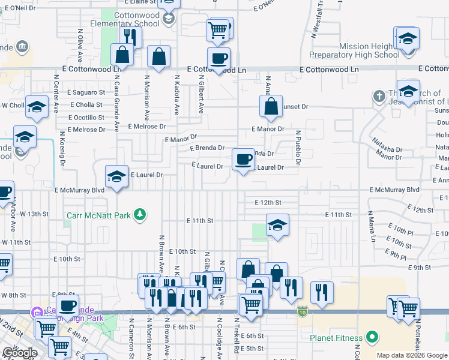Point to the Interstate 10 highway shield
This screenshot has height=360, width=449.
pyautogui.click(x=302, y=311)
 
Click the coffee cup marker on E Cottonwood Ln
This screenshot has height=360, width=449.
pyautogui.click(x=218, y=59)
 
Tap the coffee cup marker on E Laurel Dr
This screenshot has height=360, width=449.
pyautogui.click(x=243, y=160)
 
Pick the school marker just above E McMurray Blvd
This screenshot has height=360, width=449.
pyautogui.click(x=117, y=176)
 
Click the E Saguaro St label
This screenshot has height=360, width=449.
pyautogui.click(x=85, y=92)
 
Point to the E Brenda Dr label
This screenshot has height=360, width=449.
pyautogui.click(x=207, y=148)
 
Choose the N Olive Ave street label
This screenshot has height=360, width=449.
pyautogui.click(x=80, y=44)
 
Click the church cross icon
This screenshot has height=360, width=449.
pyautogui.click(x=379, y=95)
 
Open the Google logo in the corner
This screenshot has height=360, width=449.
pyautogui.click(x=20, y=353)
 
